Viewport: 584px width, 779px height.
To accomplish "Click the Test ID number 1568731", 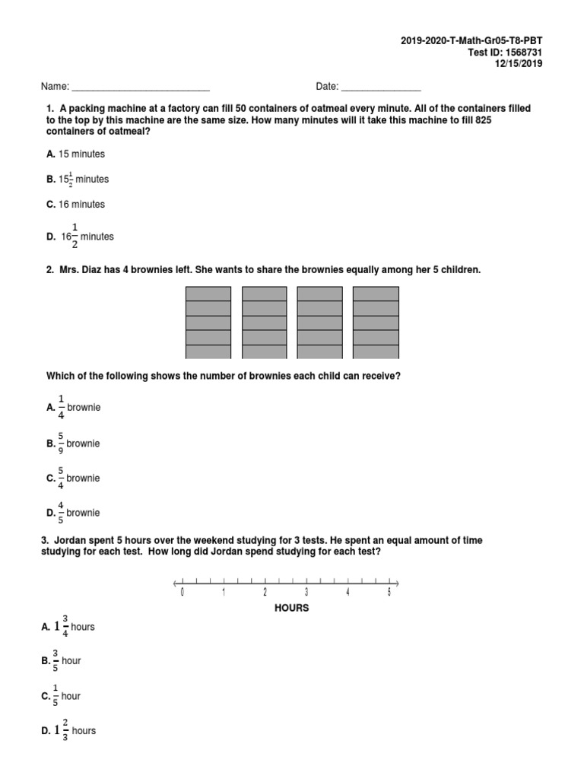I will click(525, 52).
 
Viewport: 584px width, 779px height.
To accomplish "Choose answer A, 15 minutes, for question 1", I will click(76, 154).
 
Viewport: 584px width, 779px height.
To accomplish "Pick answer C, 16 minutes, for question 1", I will click(76, 205).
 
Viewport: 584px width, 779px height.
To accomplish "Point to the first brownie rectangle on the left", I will click(208, 323).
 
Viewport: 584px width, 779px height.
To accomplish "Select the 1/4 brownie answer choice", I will click(74, 408).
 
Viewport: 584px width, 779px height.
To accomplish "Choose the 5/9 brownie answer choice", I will click(74, 444).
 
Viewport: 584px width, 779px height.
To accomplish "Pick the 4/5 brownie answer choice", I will click(74, 514).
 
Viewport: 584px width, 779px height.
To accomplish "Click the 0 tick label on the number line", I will click(182, 593).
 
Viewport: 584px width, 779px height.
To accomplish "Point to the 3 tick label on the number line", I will click(306, 593).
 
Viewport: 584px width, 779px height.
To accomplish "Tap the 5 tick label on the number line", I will click(389, 593).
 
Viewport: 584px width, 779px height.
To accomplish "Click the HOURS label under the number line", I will click(291, 609).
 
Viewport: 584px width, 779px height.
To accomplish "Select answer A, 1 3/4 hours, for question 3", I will click(70, 627).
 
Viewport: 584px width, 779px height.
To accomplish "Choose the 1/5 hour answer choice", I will click(64, 696).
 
